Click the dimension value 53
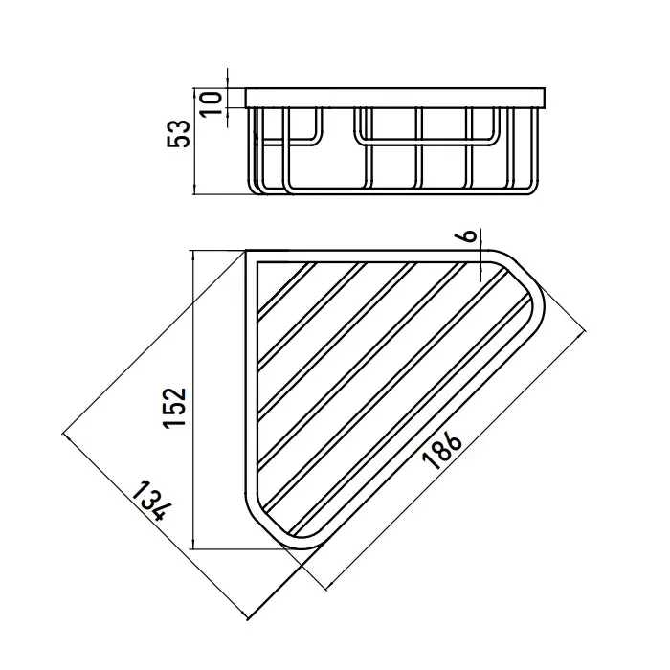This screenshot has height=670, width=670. coord(178,134)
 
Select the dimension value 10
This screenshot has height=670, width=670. coord(212,103)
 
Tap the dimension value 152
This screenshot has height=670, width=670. coord(174,407)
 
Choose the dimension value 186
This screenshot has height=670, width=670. coord(441,450)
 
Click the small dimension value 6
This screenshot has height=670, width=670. coord(469,235)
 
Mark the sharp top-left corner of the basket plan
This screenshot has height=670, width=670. coord(246,251)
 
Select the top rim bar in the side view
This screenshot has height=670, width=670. coord(395,98)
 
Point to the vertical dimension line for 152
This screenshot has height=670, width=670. coord(193,400)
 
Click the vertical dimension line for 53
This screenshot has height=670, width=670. coord(194,142)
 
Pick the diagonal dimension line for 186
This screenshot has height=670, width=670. coord(456,460)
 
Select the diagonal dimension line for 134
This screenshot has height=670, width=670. coord(155,526)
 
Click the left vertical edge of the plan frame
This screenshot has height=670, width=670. coord(247,376)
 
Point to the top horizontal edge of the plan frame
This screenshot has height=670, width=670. coord(368,252)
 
